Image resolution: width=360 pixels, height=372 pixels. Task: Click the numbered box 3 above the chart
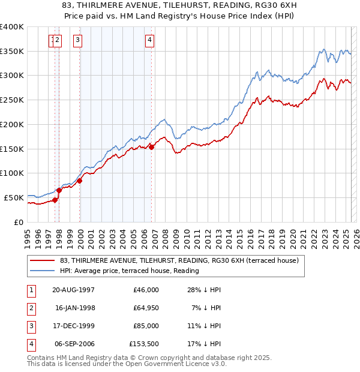click(x=78, y=41)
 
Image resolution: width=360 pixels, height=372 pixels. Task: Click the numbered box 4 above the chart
click(x=149, y=41)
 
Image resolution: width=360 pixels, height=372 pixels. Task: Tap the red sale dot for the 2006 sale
click(x=151, y=146)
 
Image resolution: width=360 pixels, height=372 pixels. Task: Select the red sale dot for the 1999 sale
click(x=80, y=180)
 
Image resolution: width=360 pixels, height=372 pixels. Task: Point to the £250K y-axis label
click(x=11, y=100)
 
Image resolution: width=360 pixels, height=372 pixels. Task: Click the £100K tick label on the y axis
click(x=11, y=173)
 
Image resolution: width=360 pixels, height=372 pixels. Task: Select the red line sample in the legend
click(x=42, y=260)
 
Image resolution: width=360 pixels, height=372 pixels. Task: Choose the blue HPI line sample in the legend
click(x=42, y=271)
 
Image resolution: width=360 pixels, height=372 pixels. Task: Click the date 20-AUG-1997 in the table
click(x=74, y=290)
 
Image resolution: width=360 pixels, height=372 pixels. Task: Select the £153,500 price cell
click(x=142, y=344)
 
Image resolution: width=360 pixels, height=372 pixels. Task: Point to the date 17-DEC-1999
click(x=74, y=326)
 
